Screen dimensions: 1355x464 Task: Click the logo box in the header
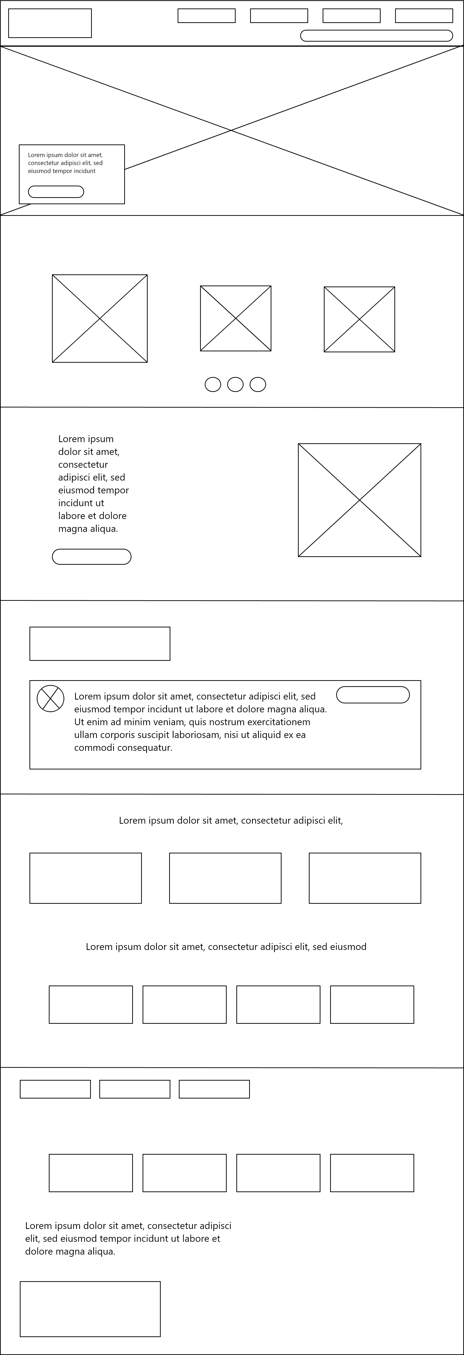click(50, 23)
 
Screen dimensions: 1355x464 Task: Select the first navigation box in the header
click(207, 16)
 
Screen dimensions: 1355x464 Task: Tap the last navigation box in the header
click(424, 16)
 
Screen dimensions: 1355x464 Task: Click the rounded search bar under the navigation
click(376, 36)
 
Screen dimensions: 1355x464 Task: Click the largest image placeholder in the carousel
click(100, 318)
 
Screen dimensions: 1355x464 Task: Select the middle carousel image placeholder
click(235, 318)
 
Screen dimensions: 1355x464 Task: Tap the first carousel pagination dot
click(213, 384)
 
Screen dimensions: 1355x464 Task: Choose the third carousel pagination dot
click(257, 384)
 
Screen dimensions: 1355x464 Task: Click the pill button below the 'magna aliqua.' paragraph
click(91, 557)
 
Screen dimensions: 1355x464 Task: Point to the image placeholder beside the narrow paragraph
click(359, 500)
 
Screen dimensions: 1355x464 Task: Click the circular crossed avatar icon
click(51, 699)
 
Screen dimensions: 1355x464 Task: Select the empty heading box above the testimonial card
click(100, 643)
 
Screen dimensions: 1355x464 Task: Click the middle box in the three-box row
click(225, 878)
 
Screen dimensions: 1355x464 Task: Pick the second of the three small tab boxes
click(135, 1089)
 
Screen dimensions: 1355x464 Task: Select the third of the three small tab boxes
click(214, 1089)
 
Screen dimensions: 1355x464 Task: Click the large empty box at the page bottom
click(90, 1309)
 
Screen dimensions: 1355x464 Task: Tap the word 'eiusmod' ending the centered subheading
click(348, 947)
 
